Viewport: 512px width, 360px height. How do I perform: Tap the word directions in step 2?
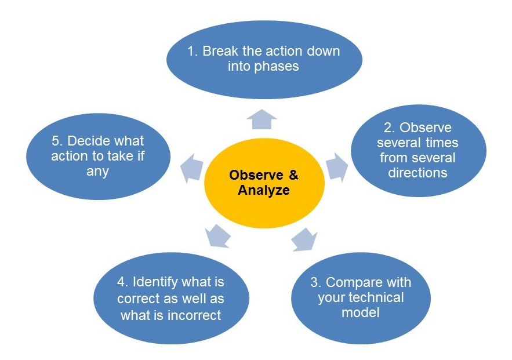417,173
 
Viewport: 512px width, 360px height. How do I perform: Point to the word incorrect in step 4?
195,315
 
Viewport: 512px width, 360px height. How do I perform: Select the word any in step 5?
97,172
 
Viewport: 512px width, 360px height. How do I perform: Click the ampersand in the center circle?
293,175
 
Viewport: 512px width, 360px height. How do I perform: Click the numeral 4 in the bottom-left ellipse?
121,282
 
